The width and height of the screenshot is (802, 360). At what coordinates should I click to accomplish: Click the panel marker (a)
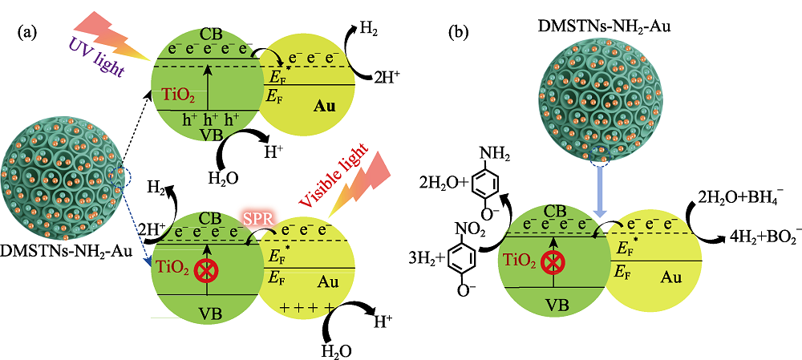pos(28,34)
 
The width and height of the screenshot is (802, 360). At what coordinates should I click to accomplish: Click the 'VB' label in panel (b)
pos(557,305)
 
